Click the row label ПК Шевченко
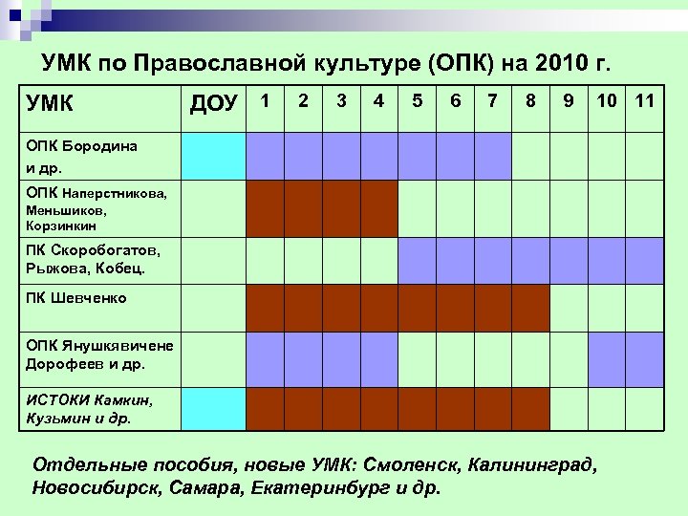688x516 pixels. pos(76,298)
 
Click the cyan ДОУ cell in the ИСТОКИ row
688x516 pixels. pos(214,409)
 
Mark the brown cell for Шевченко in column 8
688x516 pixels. pos(530,308)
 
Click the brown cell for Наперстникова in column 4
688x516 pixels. pos(379,208)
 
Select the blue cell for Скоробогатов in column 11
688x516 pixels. pos(644,260)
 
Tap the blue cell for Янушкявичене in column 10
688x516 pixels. pos(606,359)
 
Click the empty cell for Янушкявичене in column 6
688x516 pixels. pos(455,359)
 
